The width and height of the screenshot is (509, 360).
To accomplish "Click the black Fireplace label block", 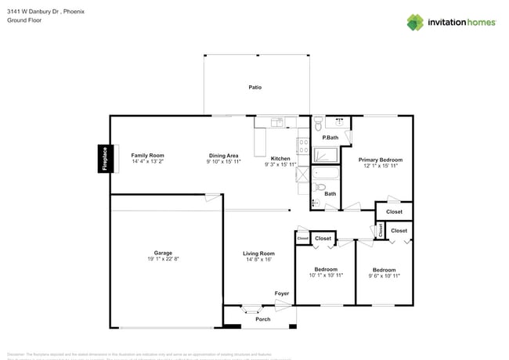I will (104, 159).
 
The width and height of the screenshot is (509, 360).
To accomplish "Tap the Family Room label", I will (147, 156).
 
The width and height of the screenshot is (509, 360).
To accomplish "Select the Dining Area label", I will (223, 156).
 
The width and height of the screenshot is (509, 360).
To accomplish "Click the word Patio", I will (254, 88).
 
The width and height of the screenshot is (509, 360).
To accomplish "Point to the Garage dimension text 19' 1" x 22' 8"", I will (163, 259).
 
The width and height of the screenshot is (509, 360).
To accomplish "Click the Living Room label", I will (258, 254).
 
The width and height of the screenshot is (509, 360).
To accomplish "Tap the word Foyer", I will (282, 293).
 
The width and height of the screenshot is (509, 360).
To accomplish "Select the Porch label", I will (263, 319).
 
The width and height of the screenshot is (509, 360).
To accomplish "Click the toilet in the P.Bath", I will (319, 124).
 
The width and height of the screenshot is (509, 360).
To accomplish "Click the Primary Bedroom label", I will (380, 160).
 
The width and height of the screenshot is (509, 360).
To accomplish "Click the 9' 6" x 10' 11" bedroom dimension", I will (384, 276).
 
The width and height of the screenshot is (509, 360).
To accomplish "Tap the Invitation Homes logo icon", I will (416, 22).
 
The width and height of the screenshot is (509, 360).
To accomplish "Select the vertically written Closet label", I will (381, 230).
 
